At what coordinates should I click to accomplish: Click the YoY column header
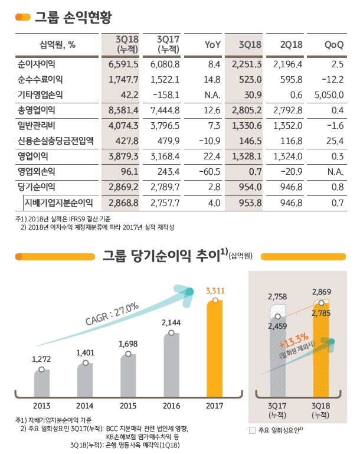coord(212,44)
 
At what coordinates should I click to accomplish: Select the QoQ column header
coord(335,44)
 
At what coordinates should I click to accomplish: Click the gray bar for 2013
coord(41,383)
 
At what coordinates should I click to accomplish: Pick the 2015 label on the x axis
coord(128,406)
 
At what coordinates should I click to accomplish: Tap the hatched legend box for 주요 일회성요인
coord(253,430)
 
